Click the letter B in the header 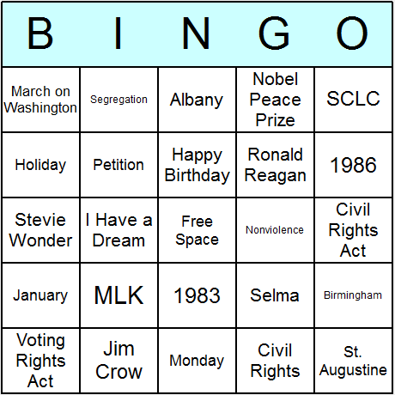coord(40,33)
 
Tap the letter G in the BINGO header coord(274,33)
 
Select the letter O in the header coord(352,33)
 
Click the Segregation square coord(118,100)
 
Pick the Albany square coord(197,100)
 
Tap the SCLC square coord(353,100)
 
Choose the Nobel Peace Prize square coord(275,100)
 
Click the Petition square coord(118,165)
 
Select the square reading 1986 coord(353,165)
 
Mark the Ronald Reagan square coord(275,165)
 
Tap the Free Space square coord(197,230)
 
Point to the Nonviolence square coord(275,230)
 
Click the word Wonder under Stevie coord(40,240)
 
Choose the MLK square coord(118,295)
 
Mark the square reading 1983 coord(197,295)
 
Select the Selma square coord(275,295)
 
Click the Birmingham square coord(353,295)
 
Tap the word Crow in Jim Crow coord(118,372)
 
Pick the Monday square coord(197,361)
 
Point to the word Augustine coord(353,370)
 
